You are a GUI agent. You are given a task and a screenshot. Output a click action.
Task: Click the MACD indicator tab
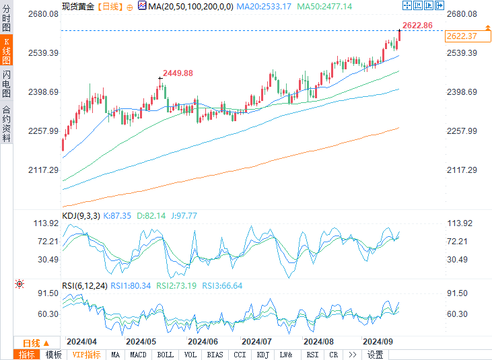[x=138, y=355]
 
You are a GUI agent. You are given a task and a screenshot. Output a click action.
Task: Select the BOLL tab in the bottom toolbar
[x=165, y=355]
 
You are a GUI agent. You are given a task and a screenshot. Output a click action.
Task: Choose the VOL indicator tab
[x=190, y=355]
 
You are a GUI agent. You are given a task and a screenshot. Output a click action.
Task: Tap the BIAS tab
[x=215, y=355]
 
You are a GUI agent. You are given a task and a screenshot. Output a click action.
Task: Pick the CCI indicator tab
[x=239, y=355]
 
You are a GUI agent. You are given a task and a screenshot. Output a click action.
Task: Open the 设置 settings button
[x=375, y=355]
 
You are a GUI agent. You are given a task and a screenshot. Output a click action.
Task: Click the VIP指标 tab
[x=85, y=355]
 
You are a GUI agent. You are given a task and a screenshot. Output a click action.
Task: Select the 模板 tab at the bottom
[x=54, y=355]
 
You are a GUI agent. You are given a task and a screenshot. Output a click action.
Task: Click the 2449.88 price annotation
[x=178, y=73]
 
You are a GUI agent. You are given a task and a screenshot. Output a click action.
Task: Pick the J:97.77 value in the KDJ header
[x=182, y=215]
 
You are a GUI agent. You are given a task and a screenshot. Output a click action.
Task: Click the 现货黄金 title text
[x=77, y=6]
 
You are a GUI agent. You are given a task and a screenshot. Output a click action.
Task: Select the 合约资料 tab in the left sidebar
[x=7, y=123]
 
